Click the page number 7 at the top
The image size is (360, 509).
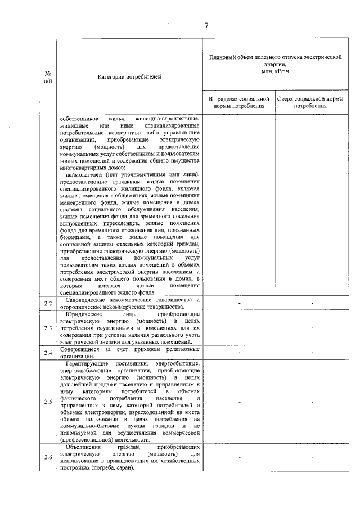coord(206,25)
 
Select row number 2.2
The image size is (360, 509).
coord(48,304)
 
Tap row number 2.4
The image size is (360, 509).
coord(48,352)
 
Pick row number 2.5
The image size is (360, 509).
coord(48,402)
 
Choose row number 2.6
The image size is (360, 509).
coord(48,457)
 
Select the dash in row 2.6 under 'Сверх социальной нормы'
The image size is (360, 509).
coord(310,457)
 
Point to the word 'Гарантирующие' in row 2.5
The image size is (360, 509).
coord(85,364)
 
